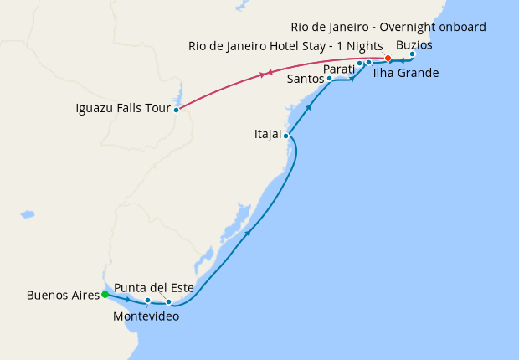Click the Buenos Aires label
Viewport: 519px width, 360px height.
point(62,295)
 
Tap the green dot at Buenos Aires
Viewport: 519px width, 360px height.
point(105,294)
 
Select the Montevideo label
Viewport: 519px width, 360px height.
point(146,316)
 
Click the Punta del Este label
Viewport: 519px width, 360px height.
point(154,288)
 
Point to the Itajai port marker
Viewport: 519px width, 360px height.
point(286,136)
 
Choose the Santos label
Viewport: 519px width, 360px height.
point(306,80)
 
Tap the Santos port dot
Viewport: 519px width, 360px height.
point(330,79)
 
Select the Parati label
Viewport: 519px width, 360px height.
point(339,69)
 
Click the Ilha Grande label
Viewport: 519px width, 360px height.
point(405,74)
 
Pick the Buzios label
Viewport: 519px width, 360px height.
point(414,44)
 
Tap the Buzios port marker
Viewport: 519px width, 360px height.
point(412,54)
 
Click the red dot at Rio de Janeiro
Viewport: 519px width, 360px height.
point(388,59)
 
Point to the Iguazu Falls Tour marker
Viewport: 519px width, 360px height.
point(176,110)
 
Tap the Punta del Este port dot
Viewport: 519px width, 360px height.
point(168,301)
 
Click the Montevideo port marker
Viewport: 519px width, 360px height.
point(147,300)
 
